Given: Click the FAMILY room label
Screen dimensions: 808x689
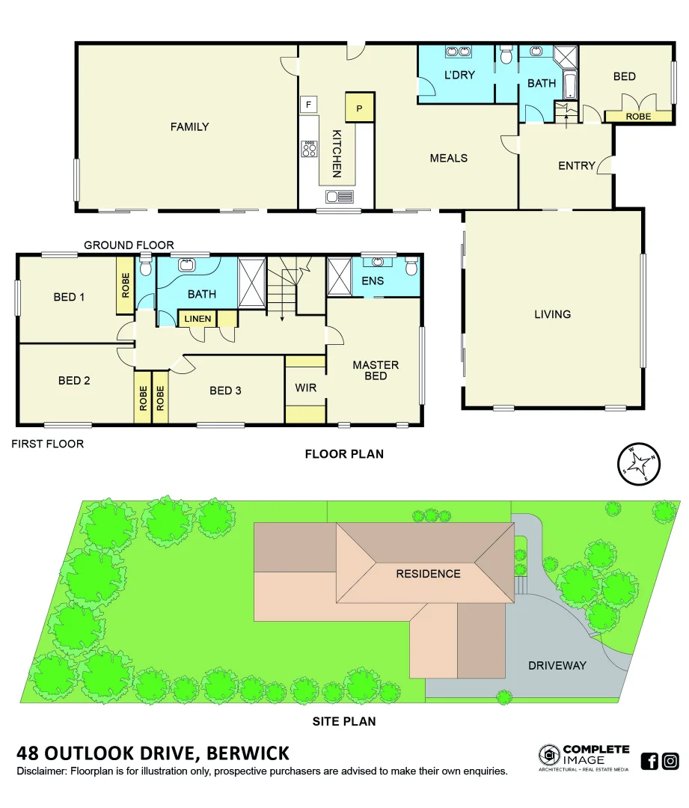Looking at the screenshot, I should point(189,127).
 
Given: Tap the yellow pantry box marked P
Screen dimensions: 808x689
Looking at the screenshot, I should point(359,108).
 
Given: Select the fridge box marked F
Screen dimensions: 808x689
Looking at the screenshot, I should point(307,104).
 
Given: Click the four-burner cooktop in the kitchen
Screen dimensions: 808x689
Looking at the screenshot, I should point(308,149).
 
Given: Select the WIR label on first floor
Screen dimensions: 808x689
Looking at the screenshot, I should point(304,388).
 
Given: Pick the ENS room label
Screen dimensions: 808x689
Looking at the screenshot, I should point(372,281).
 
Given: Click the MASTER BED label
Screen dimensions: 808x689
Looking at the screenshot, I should point(376,370).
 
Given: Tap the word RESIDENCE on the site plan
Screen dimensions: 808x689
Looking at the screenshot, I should point(428,574).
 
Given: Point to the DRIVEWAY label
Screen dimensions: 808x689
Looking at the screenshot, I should point(557,665).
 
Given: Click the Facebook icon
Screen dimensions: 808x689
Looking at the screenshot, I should point(649,762).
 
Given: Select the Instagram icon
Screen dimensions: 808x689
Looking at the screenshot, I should point(670,762).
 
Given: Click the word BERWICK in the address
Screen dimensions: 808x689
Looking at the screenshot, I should point(248,753).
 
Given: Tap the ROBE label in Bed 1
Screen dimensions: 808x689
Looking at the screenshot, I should point(125,286).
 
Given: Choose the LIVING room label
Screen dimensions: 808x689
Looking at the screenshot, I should point(552,314).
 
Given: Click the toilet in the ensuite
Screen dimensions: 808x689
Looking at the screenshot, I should point(411,266).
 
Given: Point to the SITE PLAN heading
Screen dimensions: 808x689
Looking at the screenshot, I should point(343,722).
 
